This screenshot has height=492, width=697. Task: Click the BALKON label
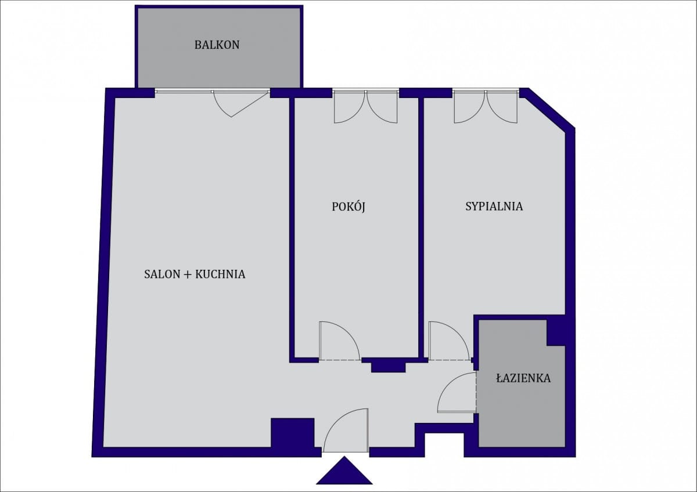click(217, 45)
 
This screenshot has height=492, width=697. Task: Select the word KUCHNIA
click(220, 274)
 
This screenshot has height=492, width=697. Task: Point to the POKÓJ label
click(348, 207)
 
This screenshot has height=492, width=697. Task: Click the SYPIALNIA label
click(494, 207)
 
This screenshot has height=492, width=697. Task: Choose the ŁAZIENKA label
click(523, 378)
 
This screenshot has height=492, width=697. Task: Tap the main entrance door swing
click(346, 430)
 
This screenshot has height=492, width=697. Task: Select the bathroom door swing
click(457, 393)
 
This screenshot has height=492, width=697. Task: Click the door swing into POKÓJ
click(339, 341)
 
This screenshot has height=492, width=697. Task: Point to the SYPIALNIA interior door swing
click(449, 341)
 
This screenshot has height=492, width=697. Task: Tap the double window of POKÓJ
click(365, 107)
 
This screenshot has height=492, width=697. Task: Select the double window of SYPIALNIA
click(486, 107)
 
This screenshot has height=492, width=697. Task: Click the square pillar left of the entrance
click(293, 433)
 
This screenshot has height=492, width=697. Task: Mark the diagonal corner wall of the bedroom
click(547, 108)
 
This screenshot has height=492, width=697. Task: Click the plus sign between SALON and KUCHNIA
click(188, 274)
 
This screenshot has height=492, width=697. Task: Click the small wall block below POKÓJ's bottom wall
click(389, 367)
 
